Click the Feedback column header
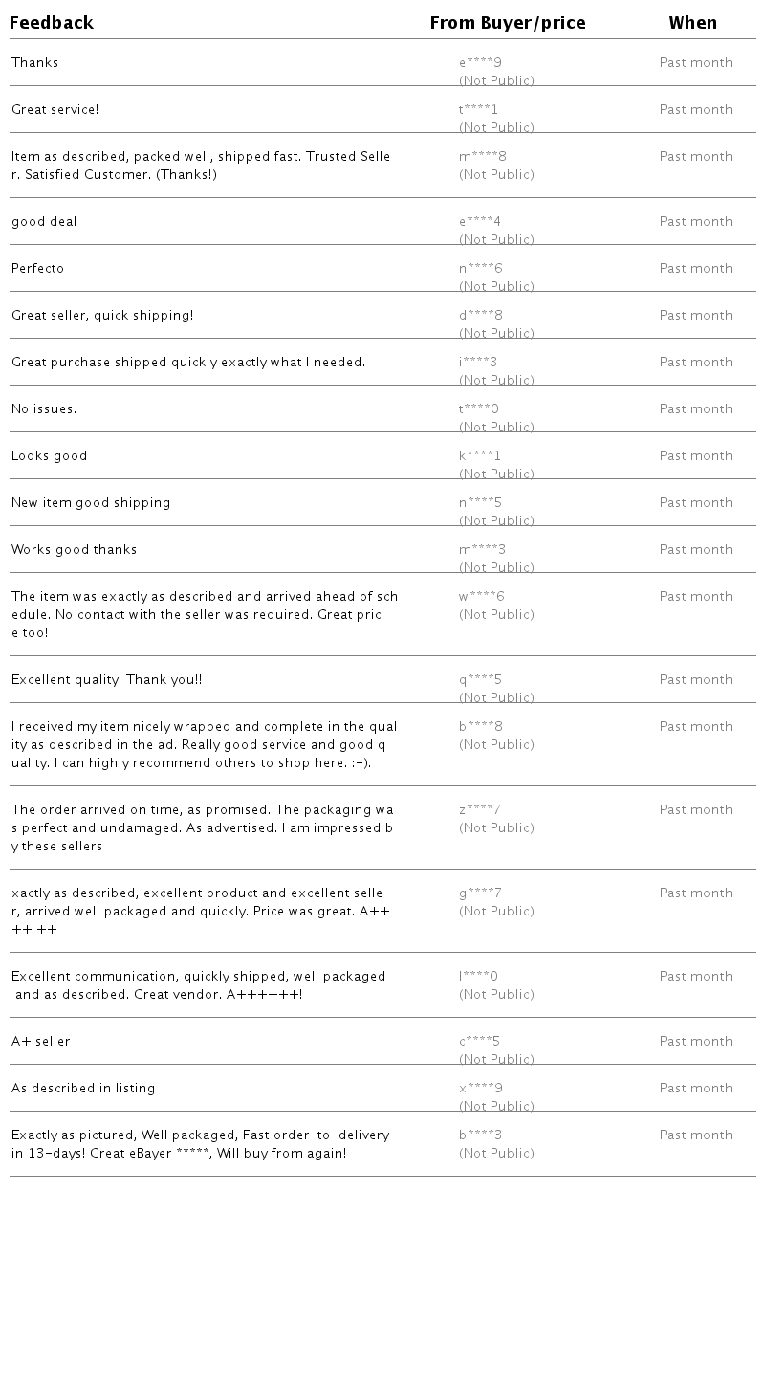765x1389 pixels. click(x=52, y=23)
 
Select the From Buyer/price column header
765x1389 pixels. click(x=508, y=23)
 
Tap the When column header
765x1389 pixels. click(x=693, y=23)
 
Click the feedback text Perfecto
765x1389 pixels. click(x=38, y=269)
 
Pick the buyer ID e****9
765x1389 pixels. click(x=480, y=63)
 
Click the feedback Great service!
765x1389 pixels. click(x=55, y=110)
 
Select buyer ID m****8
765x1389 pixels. click(x=483, y=157)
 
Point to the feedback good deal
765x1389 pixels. click(x=44, y=222)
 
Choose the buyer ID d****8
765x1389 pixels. click(x=481, y=316)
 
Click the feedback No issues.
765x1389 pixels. click(x=44, y=409)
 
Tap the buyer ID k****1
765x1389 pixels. click(x=480, y=456)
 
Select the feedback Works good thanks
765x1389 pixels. click(x=75, y=550)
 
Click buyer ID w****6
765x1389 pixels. click(x=482, y=597)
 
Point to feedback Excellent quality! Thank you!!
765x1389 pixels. click(x=107, y=680)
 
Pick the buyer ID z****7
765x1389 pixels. click(x=480, y=810)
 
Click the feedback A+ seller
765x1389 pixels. click(x=41, y=1042)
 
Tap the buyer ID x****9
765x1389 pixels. click(x=481, y=1089)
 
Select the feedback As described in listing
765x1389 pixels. click(x=83, y=1089)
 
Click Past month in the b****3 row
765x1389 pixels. click(x=696, y=1135)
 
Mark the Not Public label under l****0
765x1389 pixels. click(x=496, y=995)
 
